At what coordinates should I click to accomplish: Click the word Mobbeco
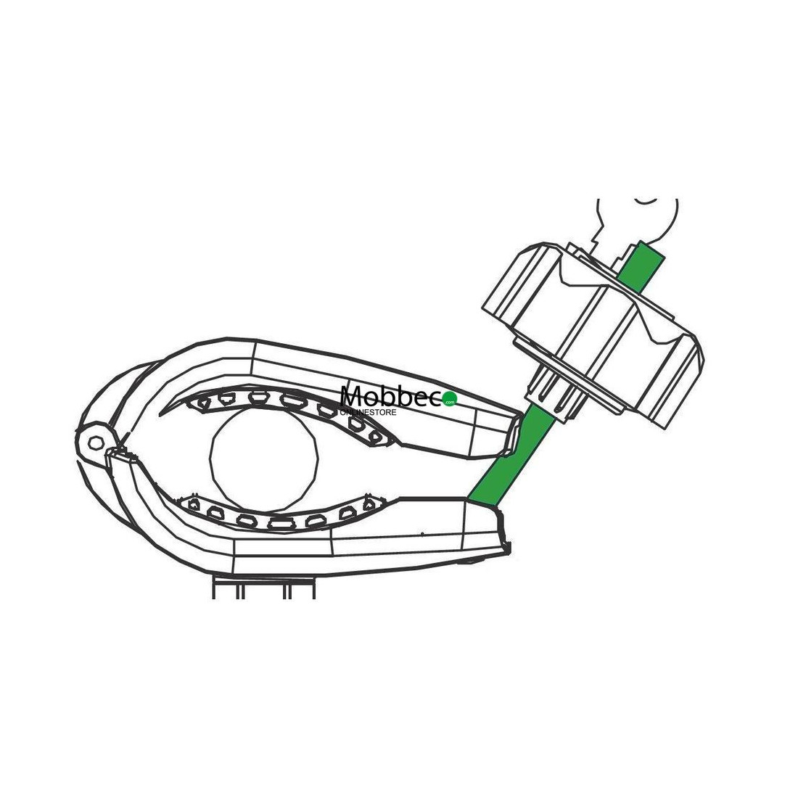pos(392,396)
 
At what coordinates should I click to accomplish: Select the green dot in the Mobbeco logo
pos(451,400)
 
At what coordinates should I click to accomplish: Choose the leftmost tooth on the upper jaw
pos(204,402)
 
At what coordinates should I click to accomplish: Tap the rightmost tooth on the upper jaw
pos(376,437)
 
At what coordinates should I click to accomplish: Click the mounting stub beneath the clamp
pos(264,587)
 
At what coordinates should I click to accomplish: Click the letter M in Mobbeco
pos(353,396)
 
